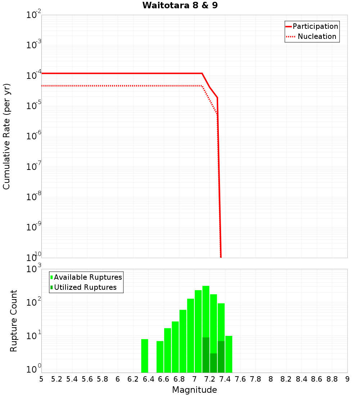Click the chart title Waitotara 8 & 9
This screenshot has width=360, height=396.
180,6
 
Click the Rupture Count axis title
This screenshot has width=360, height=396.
14,321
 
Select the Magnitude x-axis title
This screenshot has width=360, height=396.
194,390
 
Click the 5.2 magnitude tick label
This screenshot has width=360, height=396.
57,379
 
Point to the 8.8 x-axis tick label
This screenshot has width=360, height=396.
332,379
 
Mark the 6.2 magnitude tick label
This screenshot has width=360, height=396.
133,379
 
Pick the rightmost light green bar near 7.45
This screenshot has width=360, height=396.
229,354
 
